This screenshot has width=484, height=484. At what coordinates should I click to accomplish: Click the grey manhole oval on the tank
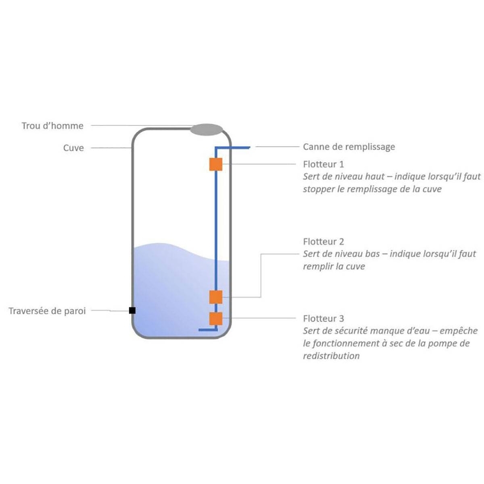pyautogui.click(x=207, y=129)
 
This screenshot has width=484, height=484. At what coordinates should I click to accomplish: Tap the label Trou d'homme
pyautogui.click(x=53, y=126)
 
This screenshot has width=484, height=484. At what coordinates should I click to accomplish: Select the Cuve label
pyautogui.click(x=74, y=148)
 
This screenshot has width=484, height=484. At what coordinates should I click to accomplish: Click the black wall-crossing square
pyautogui.click(x=132, y=310)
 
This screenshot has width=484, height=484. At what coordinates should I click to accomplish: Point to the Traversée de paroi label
pyautogui.click(x=47, y=311)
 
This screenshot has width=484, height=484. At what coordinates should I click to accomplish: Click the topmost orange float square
pyautogui.click(x=215, y=165)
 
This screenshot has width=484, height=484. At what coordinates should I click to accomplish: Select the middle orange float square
pyautogui.click(x=215, y=297)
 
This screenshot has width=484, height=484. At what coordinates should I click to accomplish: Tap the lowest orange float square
pyautogui.click(x=215, y=318)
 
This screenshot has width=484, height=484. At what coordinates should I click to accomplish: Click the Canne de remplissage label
pyautogui.click(x=349, y=147)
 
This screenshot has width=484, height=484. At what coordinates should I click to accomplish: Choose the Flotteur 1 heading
pyautogui.click(x=324, y=164)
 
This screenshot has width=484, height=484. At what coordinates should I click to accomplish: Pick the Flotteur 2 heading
pyautogui.click(x=324, y=241)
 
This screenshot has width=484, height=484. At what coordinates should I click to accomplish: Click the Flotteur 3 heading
pyautogui.click(x=324, y=318)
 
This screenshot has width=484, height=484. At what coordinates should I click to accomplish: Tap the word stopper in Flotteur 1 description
pyautogui.click(x=318, y=189)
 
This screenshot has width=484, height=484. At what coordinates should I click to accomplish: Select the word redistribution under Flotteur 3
pyautogui.click(x=331, y=356)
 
